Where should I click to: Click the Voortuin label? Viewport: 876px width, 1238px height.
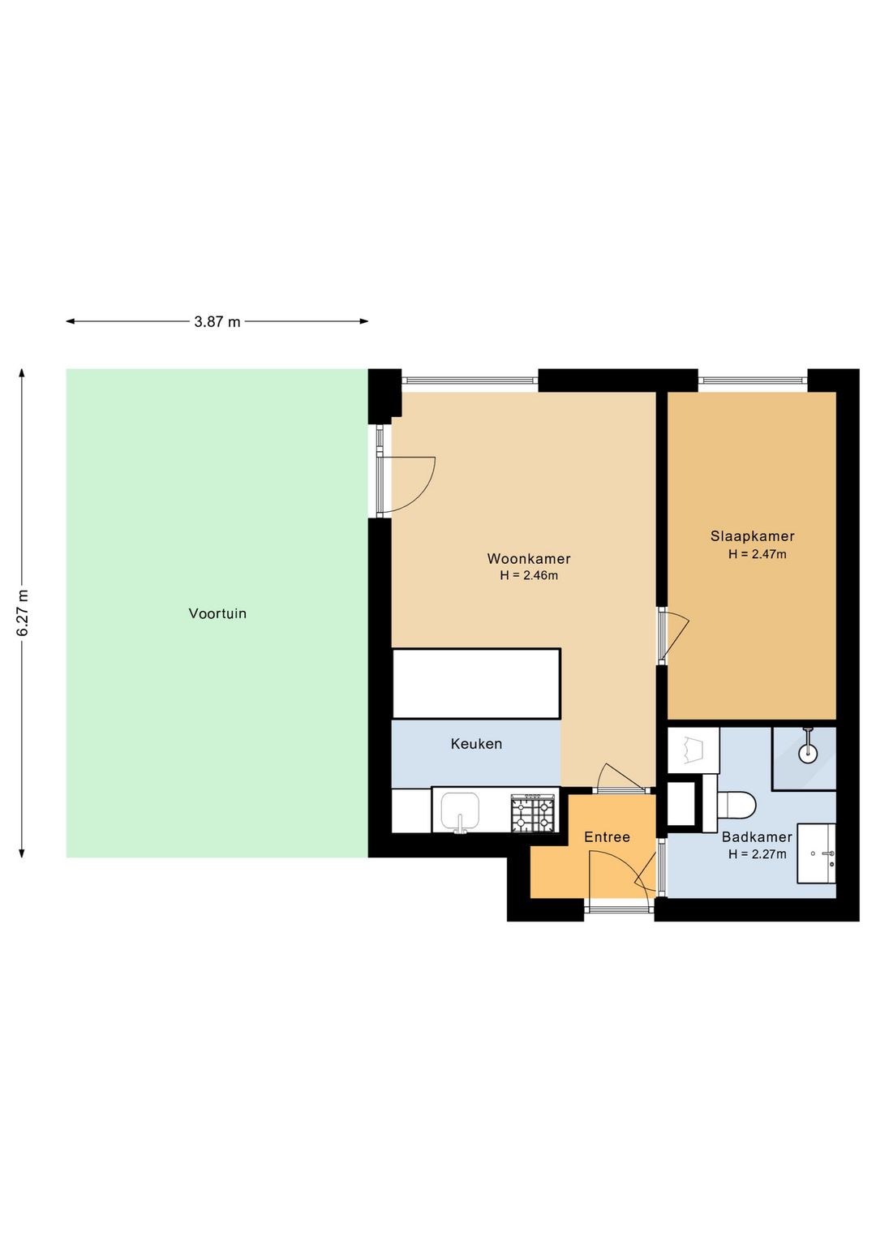(x=217, y=613)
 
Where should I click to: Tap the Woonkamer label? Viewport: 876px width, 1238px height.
(x=528, y=559)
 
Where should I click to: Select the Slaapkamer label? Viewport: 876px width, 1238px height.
(x=752, y=536)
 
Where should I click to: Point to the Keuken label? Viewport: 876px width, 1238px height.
(x=476, y=744)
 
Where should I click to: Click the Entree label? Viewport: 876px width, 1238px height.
(x=607, y=837)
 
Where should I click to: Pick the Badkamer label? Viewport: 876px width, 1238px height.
(x=757, y=837)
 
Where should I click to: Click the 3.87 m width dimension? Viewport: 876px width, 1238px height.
(x=217, y=321)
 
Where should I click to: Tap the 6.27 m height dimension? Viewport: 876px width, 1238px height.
(x=22, y=613)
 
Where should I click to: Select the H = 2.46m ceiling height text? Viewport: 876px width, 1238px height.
(x=529, y=575)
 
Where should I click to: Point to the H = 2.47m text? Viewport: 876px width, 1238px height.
(x=757, y=554)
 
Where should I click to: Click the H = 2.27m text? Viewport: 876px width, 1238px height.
(x=757, y=854)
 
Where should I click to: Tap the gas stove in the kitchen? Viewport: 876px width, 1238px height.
(x=533, y=813)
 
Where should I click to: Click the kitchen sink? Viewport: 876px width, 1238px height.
(x=460, y=811)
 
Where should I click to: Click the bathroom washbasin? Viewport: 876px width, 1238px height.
(x=816, y=853)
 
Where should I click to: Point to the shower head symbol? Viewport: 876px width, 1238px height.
(x=808, y=746)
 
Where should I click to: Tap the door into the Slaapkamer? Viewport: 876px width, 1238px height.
(x=673, y=635)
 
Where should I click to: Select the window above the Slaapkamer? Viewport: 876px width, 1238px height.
(x=753, y=380)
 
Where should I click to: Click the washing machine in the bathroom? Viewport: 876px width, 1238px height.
(x=693, y=750)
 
